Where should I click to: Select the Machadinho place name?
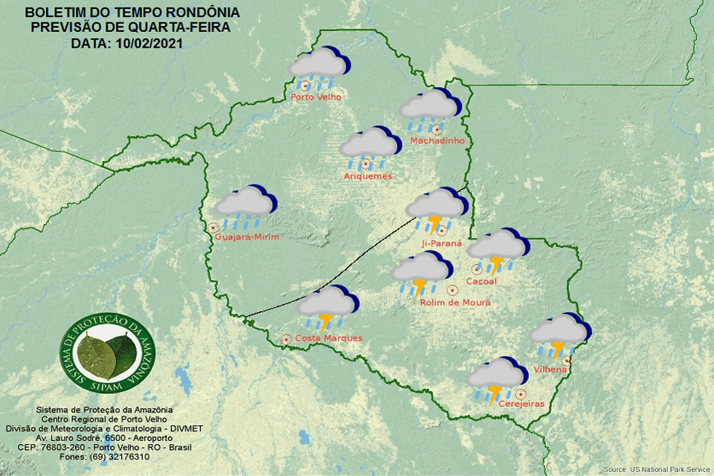pos(437,141)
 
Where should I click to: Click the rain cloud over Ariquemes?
pos(370,146)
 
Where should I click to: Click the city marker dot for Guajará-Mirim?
pos(213,228)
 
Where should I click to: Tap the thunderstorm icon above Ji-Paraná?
pos(437,208)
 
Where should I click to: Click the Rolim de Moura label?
pos(454,303)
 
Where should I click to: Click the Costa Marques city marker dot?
pos(286,339)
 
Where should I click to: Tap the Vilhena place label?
pos(551,370)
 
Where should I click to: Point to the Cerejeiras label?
pos(521,404)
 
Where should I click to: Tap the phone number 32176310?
pos(124,457)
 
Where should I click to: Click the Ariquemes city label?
pos(367,176)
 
